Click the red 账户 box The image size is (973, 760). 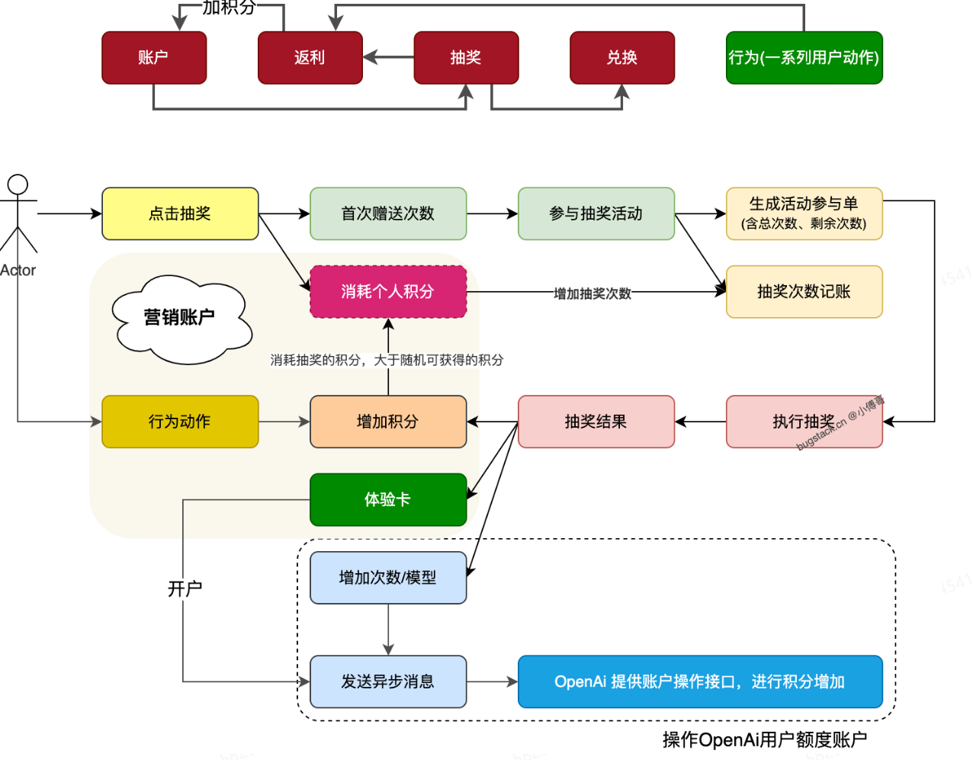(154, 58)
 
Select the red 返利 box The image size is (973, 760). (310, 58)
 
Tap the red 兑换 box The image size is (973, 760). (621, 58)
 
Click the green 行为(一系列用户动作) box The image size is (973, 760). (804, 58)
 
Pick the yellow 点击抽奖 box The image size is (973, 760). (180, 213)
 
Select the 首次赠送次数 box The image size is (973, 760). (387, 213)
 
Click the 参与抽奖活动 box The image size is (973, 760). (596, 213)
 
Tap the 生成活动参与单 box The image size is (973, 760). (804, 213)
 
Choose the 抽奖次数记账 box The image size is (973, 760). (804, 291)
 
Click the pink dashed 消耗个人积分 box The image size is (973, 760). (387, 291)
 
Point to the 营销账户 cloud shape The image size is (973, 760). (180, 318)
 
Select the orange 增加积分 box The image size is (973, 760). (387, 422)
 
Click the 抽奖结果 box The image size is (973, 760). (596, 422)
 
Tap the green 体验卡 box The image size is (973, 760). (387, 499)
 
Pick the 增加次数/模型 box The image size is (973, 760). (387, 578)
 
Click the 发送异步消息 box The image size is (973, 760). (387, 681)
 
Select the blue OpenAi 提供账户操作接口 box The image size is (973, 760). (699, 681)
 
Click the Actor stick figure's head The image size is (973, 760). (18, 184)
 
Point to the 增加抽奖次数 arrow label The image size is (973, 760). (592, 293)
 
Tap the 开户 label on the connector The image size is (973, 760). (185, 588)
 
